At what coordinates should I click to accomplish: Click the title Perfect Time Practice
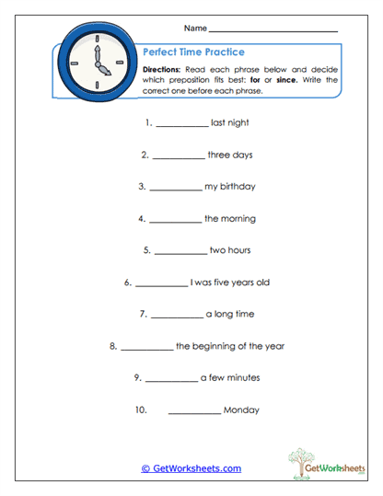pos(193,52)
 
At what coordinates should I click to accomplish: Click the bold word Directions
pos(167,69)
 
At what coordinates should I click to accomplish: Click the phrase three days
pos(230,155)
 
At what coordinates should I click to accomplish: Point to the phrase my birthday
pos(230,187)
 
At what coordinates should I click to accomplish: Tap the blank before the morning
pos(175,221)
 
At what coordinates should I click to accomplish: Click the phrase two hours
pos(230,250)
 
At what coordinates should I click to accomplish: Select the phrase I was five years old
pos(229,283)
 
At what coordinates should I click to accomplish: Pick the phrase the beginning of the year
pos(230,346)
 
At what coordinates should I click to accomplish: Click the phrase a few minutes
pos(230,377)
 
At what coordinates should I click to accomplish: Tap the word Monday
pos(241,410)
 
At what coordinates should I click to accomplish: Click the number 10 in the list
pos(141,410)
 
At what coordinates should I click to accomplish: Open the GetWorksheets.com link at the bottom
pos(191,468)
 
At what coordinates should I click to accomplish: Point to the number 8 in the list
pos(112,346)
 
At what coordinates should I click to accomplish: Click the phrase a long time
pos(230,314)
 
